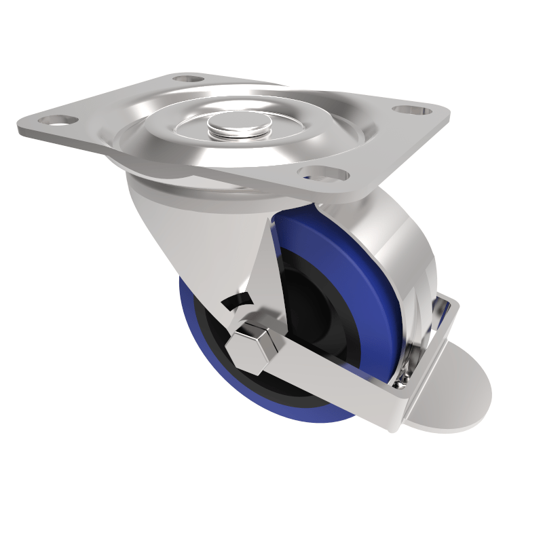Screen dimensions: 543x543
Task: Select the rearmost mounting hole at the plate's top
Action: tap(189, 80)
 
